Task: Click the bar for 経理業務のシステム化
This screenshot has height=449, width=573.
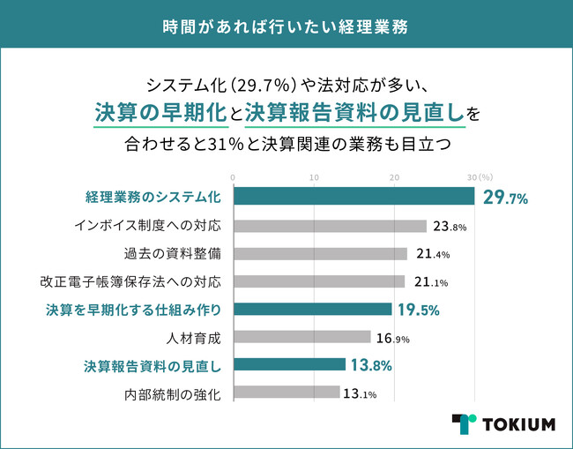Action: click(x=353, y=198)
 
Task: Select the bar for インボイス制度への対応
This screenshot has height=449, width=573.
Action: click(x=330, y=226)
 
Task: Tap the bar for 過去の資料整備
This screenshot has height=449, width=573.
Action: click(x=320, y=254)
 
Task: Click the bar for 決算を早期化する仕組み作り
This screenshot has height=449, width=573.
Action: click(x=312, y=310)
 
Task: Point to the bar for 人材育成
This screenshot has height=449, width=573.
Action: click(x=301, y=337)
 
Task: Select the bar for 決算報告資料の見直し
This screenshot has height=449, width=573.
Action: click(x=289, y=364)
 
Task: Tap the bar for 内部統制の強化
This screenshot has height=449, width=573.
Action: click(x=286, y=393)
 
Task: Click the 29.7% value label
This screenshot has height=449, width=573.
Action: click(x=505, y=198)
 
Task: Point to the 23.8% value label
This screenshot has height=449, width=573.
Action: click(x=447, y=226)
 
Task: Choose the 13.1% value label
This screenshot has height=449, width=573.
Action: click(x=361, y=393)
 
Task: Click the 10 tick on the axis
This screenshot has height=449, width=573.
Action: click(x=314, y=178)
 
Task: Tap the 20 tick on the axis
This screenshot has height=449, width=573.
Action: click(x=395, y=178)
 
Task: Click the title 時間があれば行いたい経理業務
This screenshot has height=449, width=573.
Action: click(x=286, y=25)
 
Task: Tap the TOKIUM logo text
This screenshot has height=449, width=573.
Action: click(x=518, y=424)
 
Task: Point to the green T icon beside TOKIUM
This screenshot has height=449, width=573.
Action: click(x=464, y=424)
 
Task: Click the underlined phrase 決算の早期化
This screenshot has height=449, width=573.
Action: click(x=161, y=112)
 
